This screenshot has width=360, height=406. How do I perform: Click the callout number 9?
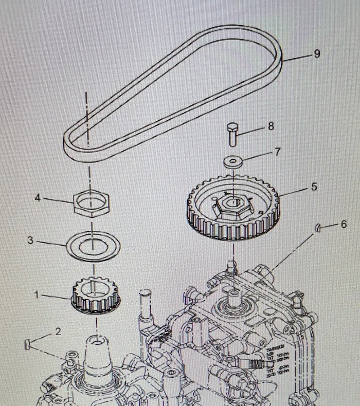pyautogui.click(x=317, y=53)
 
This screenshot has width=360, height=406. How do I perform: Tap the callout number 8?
pyautogui.click(x=271, y=126)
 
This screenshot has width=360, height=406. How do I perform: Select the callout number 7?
pyautogui.click(x=277, y=152)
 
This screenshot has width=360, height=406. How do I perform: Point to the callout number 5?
pyautogui.click(x=314, y=187)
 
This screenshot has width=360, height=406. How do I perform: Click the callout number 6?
pyautogui.click(x=344, y=224)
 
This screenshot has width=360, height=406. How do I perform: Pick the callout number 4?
pyautogui.click(x=38, y=197)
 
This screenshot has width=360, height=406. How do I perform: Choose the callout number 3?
pyautogui.click(x=30, y=240)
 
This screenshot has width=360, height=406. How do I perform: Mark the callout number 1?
pyautogui.click(x=37, y=295)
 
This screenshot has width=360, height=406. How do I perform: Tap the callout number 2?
pyautogui.click(x=58, y=331)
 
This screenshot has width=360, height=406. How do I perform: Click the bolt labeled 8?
pyautogui.click(x=232, y=134)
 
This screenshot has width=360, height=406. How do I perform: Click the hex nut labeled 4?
pyautogui.click(x=92, y=202)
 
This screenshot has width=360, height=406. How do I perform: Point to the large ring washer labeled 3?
pyautogui.click(x=93, y=246)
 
